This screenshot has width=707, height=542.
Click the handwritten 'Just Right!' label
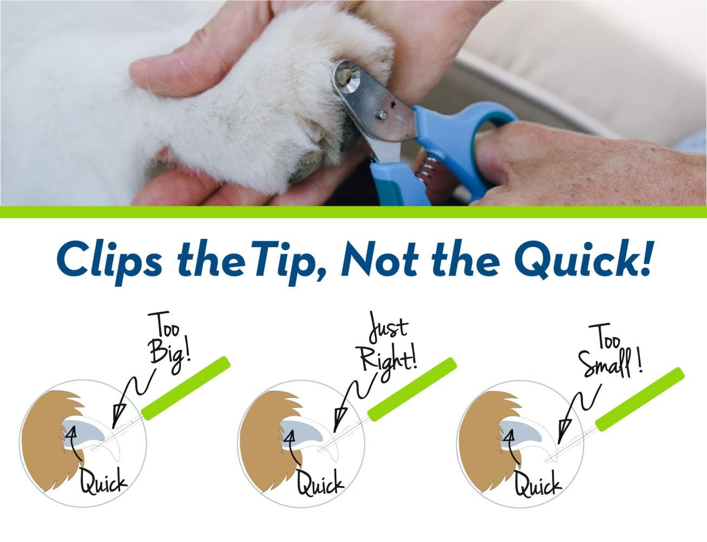point(388,347)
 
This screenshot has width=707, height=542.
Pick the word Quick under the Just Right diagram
point(320,481)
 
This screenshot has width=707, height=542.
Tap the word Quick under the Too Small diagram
point(539,482)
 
